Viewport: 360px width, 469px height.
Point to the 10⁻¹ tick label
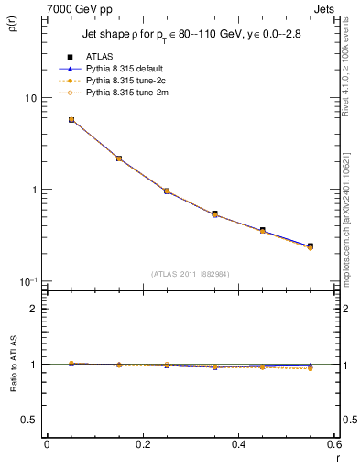point(27,282)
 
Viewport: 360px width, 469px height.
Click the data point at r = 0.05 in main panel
point(71,120)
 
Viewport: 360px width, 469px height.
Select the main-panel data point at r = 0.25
point(167,191)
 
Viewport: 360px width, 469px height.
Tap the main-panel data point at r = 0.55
point(311,246)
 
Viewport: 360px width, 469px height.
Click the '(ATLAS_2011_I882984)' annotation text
point(191,274)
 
